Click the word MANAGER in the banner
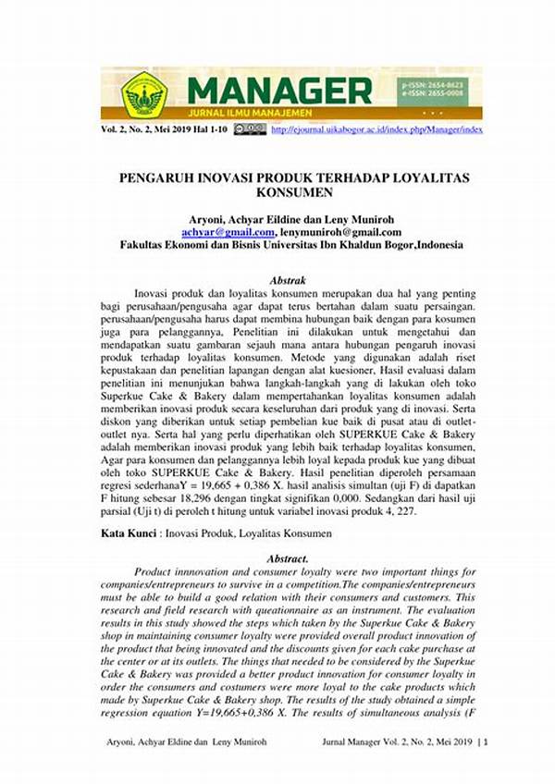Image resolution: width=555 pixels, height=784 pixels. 279,90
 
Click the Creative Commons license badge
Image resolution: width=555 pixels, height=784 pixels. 250,130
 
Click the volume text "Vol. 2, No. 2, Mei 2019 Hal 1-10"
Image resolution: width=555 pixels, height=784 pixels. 164,130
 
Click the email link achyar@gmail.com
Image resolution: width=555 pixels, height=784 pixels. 228,233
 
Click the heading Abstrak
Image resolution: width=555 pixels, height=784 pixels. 288,278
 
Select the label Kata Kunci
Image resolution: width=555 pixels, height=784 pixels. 129,534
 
